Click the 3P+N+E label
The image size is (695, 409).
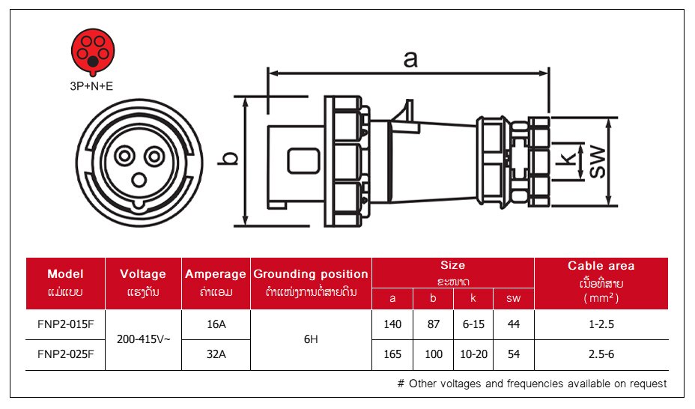tap(91, 86)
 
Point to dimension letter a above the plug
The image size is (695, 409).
tap(410, 59)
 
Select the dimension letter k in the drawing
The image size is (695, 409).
tap(570, 160)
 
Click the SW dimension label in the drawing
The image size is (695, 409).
tap(597, 160)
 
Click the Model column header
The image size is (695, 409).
tap(65, 274)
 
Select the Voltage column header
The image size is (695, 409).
tap(143, 274)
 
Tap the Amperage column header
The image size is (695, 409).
tap(216, 274)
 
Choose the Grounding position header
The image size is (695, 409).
tap(311, 274)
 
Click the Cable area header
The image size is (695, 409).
tap(601, 266)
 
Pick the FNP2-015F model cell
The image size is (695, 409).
tap(65, 324)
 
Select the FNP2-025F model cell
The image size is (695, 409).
tap(65, 354)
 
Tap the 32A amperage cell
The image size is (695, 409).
tap(216, 354)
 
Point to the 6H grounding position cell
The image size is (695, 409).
tap(311, 339)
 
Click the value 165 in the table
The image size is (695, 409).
tap(392, 354)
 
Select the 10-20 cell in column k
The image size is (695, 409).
tap(473, 354)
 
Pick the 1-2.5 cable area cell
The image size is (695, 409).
tap(601, 324)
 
